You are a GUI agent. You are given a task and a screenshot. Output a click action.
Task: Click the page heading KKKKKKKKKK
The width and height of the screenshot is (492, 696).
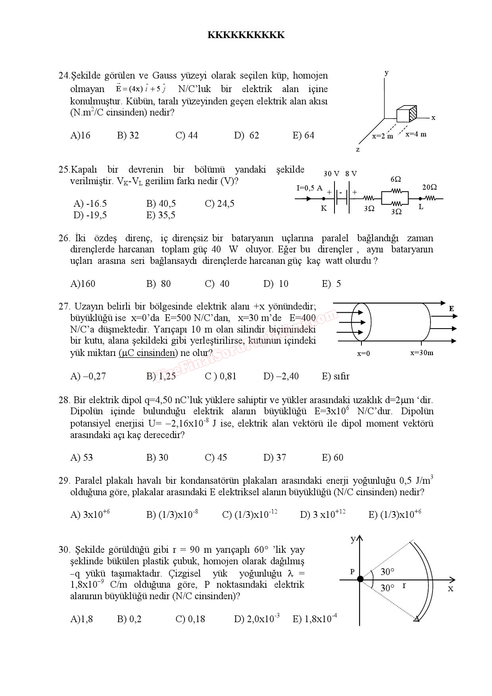(246, 35)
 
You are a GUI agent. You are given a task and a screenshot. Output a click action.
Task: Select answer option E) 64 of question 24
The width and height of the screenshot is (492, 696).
(304, 136)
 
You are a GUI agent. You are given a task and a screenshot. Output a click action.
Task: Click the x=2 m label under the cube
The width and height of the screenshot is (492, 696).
(382, 136)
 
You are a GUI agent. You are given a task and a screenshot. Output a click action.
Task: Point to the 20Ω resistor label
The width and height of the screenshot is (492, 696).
(429, 187)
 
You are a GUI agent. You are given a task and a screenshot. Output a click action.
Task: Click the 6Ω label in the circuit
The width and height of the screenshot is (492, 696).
(396, 180)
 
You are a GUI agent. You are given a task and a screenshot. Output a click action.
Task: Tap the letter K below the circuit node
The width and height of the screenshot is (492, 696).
(324, 208)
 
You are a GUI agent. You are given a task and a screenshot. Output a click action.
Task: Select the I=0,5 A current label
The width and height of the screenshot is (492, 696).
(309, 188)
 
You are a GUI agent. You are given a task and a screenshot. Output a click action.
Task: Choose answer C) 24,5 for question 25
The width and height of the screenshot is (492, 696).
(219, 204)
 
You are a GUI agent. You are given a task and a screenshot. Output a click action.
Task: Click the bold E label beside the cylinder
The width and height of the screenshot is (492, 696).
(452, 308)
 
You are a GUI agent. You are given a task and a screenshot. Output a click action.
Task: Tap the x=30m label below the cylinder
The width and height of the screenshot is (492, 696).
(422, 353)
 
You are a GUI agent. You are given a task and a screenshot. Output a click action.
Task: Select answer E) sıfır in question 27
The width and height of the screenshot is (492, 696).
(336, 376)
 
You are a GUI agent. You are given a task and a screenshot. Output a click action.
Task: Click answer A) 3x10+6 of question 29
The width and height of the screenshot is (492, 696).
(90, 515)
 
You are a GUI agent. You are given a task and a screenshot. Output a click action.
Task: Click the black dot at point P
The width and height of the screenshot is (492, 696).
(360, 579)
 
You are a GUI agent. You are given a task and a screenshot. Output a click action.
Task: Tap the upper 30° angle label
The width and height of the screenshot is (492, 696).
(387, 572)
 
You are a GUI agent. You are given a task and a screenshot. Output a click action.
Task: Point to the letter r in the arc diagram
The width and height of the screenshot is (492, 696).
(404, 585)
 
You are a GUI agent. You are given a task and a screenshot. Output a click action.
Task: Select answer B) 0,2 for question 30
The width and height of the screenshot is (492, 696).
(129, 619)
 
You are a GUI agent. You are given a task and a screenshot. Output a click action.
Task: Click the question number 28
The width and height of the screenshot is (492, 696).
(64, 400)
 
